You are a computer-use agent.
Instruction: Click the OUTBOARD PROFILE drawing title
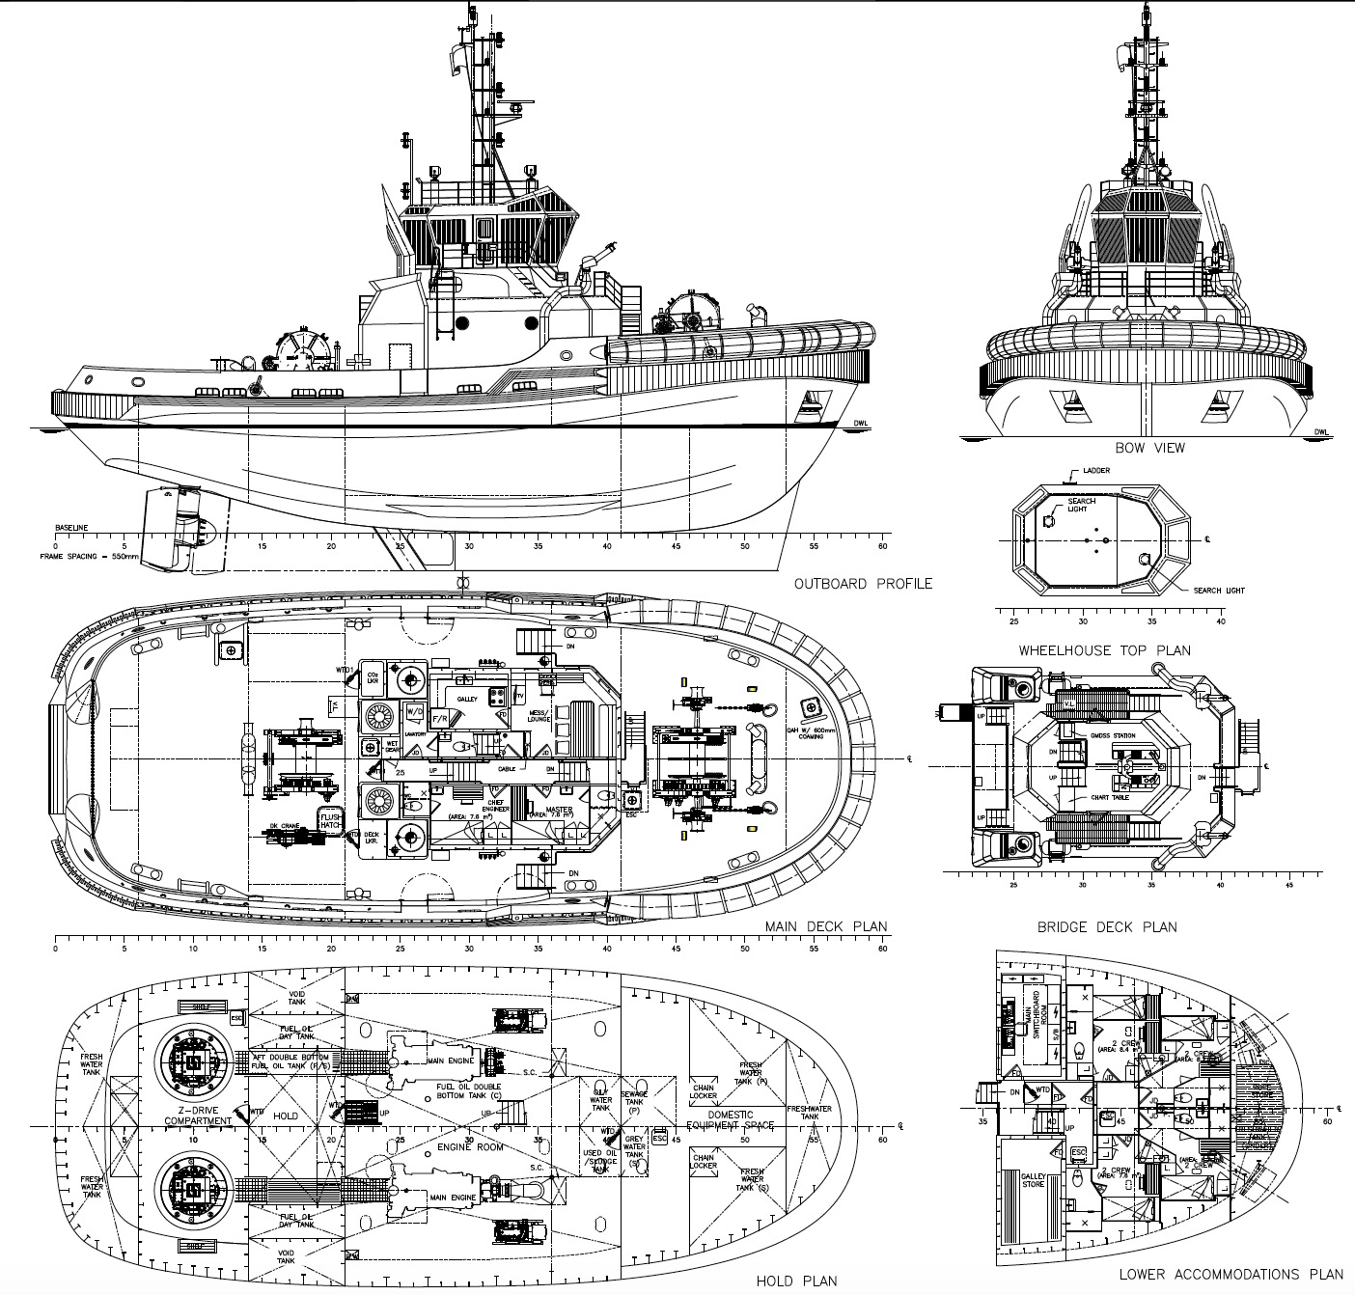coord(863,584)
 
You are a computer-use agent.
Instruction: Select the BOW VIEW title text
coord(1149,448)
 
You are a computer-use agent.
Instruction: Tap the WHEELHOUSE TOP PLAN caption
coord(1104,650)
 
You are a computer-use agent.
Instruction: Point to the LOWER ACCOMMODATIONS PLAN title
coord(1231,1275)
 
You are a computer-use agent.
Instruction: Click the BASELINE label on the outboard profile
coord(71,528)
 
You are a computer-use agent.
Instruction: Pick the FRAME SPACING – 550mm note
coord(89,557)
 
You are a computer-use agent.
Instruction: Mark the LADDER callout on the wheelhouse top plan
coord(1096,471)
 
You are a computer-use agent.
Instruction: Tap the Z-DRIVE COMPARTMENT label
coord(197,1116)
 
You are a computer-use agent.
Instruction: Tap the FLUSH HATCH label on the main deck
coord(330,821)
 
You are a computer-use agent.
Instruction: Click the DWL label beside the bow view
coord(1320,432)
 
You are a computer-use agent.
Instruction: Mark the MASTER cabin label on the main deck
coord(558,810)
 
